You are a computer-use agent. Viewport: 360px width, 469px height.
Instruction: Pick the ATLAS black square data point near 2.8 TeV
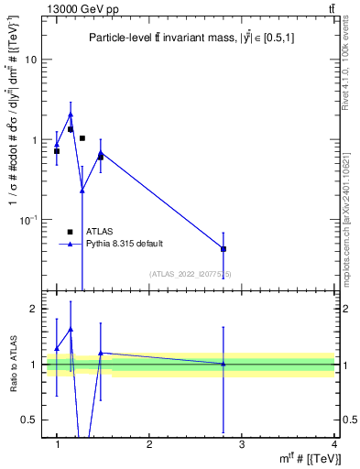[224, 249]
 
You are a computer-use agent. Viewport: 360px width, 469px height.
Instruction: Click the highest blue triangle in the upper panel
[71, 115]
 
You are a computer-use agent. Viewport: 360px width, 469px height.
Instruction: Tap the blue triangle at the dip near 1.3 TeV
[82, 191]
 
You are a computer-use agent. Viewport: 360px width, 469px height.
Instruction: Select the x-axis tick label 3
[241, 444]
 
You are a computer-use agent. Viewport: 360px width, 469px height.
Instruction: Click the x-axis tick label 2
[149, 444]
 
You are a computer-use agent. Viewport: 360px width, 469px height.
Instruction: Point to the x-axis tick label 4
[333, 444]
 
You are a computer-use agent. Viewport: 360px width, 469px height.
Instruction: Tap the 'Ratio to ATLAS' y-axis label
[14, 365]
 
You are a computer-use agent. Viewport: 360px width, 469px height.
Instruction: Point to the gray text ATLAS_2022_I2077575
[191, 274]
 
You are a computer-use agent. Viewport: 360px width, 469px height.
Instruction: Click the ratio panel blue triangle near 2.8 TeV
[224, 364]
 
